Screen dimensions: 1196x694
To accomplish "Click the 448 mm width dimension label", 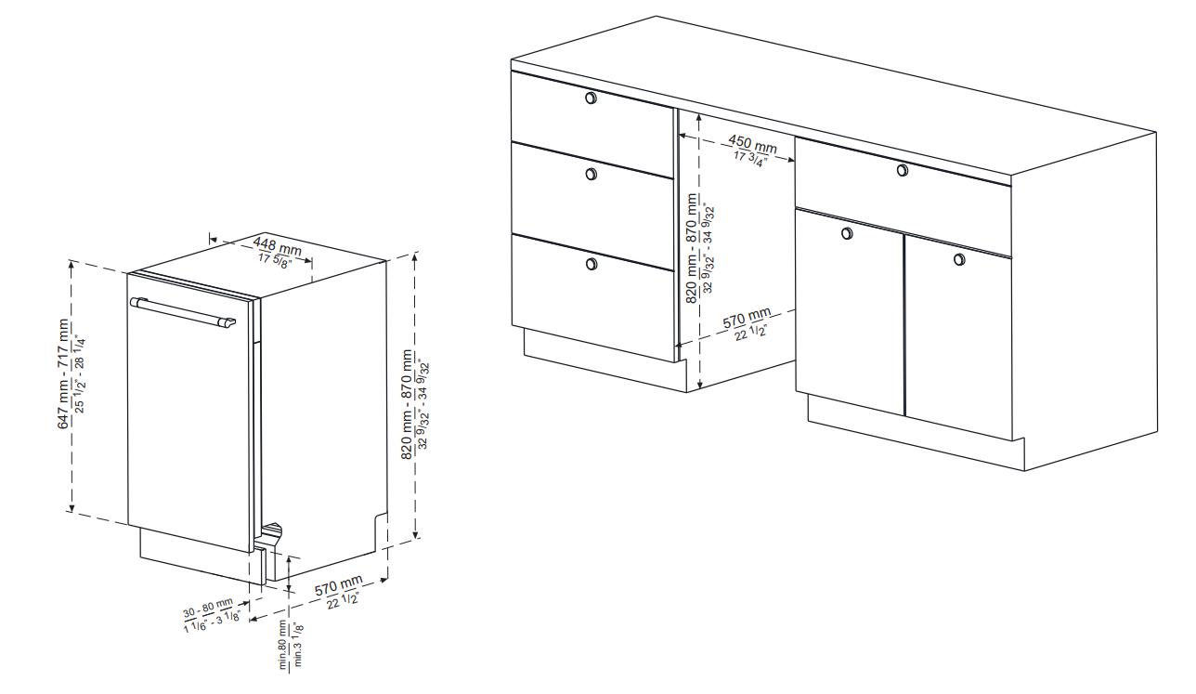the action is point(277,246).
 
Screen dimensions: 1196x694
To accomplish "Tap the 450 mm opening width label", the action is point(753,144).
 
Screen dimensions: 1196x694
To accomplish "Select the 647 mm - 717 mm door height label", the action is point(64,373).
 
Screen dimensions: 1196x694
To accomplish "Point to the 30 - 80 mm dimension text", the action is point(208,609).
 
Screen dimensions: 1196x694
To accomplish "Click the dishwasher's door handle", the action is point(183,312).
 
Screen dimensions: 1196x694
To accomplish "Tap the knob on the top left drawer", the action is point(591,98).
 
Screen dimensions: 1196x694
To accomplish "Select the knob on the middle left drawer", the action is point(591,174).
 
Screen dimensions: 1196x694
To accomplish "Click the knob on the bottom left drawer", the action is point(591,264).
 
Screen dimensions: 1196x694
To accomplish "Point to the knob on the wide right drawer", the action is point(903,170).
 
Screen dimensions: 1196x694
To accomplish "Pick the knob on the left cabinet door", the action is point(847,233).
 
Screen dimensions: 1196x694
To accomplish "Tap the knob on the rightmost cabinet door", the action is point(959,260).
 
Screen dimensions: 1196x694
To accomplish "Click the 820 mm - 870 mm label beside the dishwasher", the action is point(407,404).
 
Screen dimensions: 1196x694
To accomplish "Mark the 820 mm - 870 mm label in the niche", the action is point(692,248).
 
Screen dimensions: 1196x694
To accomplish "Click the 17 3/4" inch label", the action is point(750,159).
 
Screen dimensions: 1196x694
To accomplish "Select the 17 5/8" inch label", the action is point(275,261).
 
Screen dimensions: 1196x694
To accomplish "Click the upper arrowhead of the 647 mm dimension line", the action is point(71,264).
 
